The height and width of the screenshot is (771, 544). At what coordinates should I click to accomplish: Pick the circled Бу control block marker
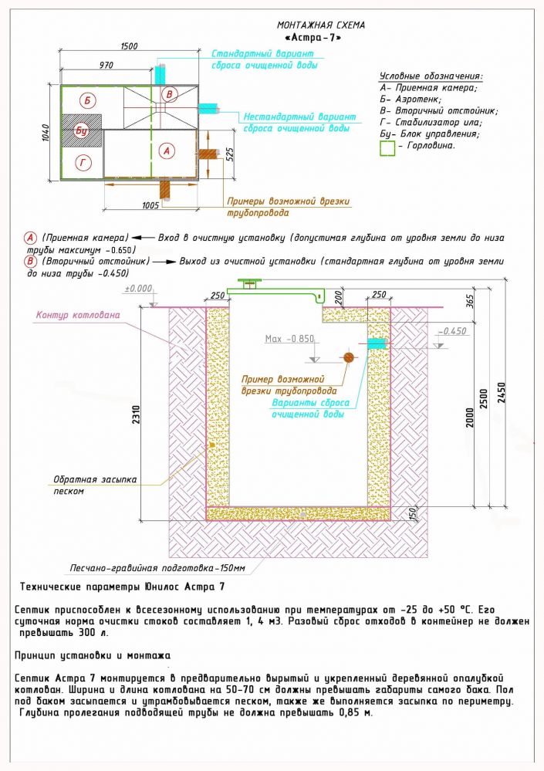[82, 131]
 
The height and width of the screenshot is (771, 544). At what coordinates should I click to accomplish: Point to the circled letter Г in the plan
[85, 161]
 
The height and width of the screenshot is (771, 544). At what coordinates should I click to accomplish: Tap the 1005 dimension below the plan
[151, 205]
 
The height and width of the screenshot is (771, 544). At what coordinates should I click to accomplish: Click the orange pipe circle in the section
[348, 357]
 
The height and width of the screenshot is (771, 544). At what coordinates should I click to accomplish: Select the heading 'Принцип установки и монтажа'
[91, 655]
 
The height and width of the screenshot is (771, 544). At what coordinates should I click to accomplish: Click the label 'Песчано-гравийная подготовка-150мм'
[157, 567]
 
